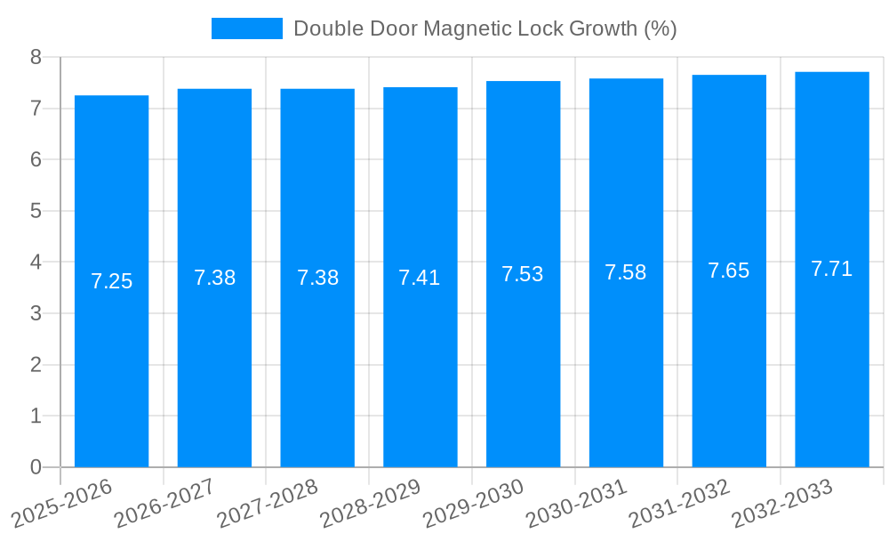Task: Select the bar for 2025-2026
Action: (111, 281)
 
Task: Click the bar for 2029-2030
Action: (523, 274)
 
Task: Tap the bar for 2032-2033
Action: (832, 269)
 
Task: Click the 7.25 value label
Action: (111, 282)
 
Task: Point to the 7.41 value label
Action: (420, 278)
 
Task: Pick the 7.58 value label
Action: (626, 272)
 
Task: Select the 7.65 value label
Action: (729, 271)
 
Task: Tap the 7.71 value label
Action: (832, 269)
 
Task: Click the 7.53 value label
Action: (523, 274)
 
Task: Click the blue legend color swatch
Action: (246, 28)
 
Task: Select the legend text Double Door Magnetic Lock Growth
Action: (485, 28)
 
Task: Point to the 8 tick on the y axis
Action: (36, 57)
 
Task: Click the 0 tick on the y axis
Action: (36, 467)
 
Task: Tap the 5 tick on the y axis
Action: (36, 211)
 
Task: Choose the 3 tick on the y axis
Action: (36, 313)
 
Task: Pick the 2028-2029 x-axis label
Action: (371, 504)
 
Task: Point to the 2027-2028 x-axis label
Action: (268, 504)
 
